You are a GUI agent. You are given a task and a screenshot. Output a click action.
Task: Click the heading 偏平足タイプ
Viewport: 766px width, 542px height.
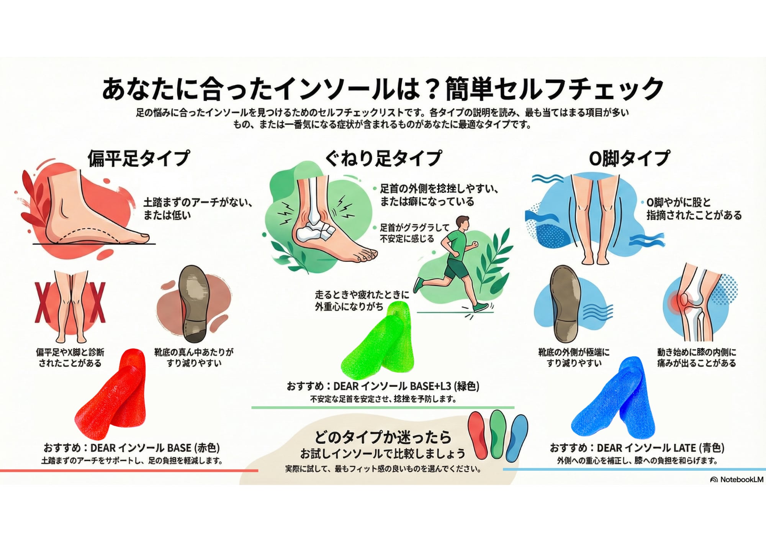139,158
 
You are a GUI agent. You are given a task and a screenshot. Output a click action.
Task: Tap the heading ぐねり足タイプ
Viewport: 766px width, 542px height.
383,158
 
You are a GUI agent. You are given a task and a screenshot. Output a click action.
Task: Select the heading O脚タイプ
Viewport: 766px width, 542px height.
629,158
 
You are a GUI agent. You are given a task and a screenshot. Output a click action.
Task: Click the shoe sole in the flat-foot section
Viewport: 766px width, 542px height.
195,303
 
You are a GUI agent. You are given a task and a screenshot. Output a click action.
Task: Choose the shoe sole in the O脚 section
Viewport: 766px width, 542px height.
565,303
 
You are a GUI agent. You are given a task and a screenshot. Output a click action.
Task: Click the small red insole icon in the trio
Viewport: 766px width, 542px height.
478,435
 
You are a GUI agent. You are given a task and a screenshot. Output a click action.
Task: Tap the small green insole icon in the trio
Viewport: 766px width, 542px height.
497,433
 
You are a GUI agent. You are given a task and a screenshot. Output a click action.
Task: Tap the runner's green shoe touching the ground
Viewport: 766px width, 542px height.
480,307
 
